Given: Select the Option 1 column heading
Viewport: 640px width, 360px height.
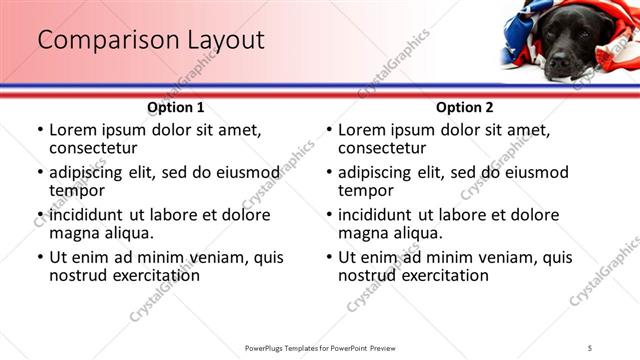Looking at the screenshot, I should coord(175,107).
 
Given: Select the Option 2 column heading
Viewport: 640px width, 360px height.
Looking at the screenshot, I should coord(464,107).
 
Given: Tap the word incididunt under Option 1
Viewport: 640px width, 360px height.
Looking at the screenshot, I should coord(91,215).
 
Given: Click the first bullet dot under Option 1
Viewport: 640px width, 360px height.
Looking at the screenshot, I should coord(40,130).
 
